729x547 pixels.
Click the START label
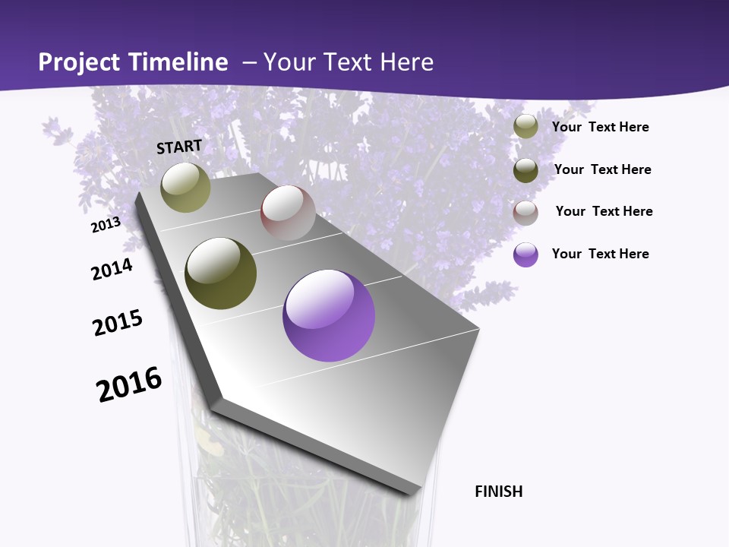click(x=179, y=147)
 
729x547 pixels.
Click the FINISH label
click(x=498, y=492)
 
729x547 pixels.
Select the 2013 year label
click(x=106, y=225)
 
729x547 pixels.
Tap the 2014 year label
click(x=112, y=269)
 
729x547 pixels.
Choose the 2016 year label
click(x=129, y=384)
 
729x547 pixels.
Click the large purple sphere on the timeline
click(x=329, y=315)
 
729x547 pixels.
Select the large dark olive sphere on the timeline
click(x=221, y=273)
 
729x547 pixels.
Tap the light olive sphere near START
click(x=185, y=187)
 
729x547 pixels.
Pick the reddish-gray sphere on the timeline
click(x=288, y=213)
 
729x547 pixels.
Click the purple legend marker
click(x=525, y=255)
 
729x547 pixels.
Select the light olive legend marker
click(x=525, y=127)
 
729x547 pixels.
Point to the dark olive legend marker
click(x=525, y=170)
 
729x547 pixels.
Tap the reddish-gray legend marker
click(x=525, y=213)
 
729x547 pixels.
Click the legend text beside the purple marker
click(x=600, y=254)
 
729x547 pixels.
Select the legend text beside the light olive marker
click(x=600, y=127)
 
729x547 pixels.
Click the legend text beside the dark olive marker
click(x=602, y=169)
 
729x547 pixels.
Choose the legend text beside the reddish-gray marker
click(x=604, y=211)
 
